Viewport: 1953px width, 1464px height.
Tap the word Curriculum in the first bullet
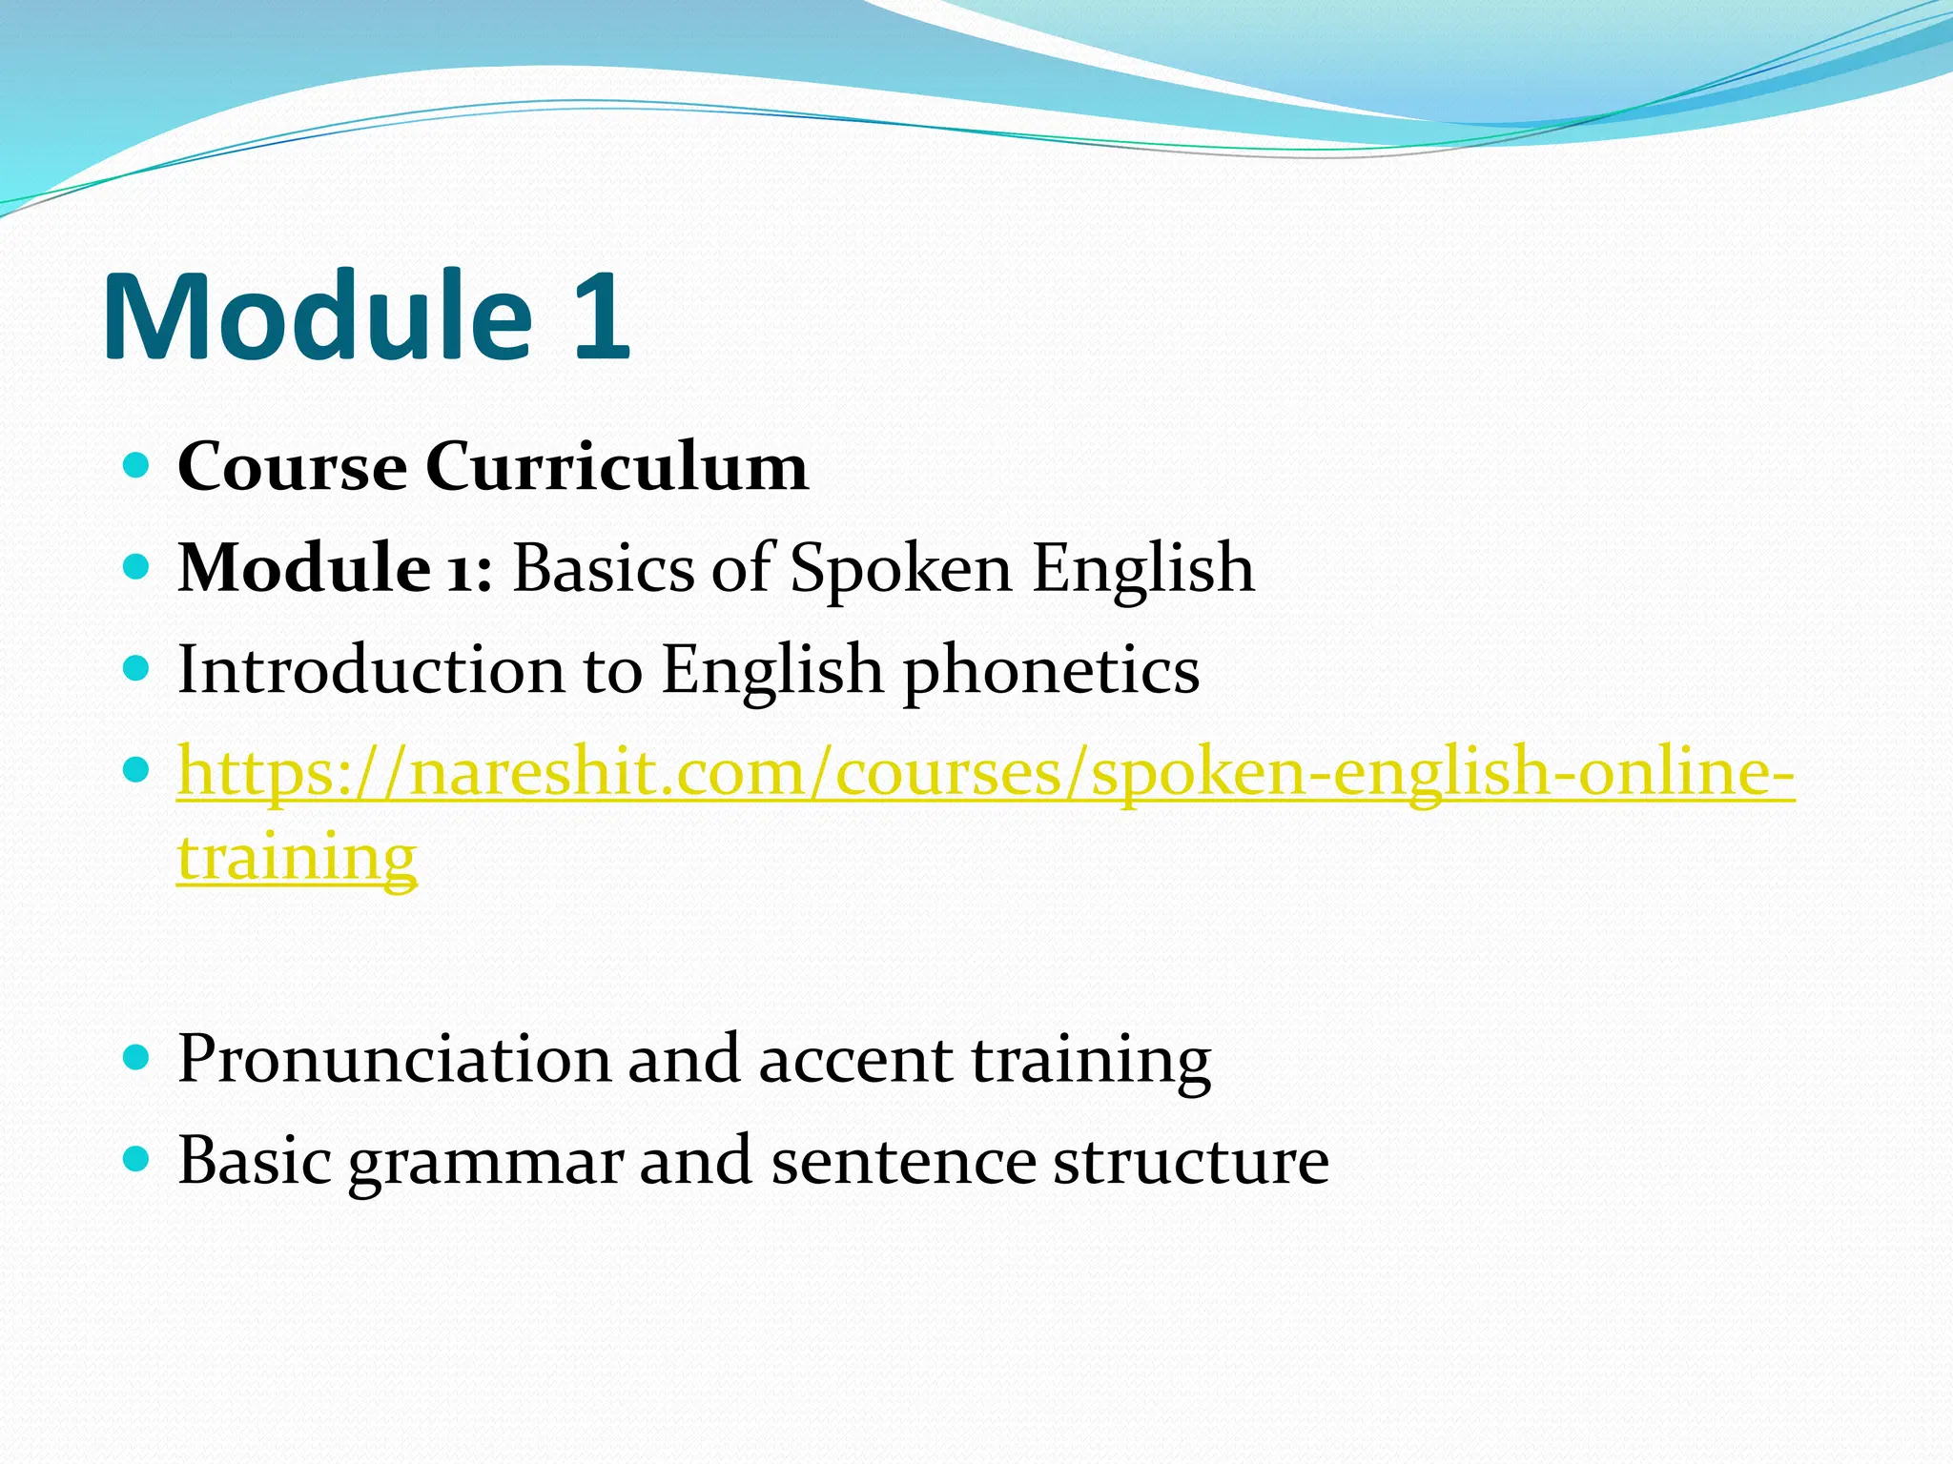click(x=617, y=467)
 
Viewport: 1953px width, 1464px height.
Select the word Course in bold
click(x=292, y=467)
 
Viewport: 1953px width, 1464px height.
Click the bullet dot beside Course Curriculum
click(x=137, y=466)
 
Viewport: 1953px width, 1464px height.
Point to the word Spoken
click(x=900, y=569)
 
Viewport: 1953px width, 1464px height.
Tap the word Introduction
click(x=371, y=669)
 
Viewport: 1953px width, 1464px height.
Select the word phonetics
click(x=1051, y=671)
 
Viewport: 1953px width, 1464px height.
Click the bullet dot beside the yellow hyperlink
click(x=137, y=768)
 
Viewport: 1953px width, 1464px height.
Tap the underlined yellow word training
click(x=298, y=857)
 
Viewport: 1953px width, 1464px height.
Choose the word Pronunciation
click(x=394, y=1059)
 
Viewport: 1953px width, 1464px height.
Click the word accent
click(x=855, y=1059)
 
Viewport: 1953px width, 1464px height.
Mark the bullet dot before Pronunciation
click(x=137, y=1057)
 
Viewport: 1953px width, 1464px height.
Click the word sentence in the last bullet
click(x=903, y=1161)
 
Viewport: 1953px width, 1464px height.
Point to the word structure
click(x=1191, y=1161)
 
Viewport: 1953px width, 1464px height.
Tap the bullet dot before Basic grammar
click(x=137, y=1159)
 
